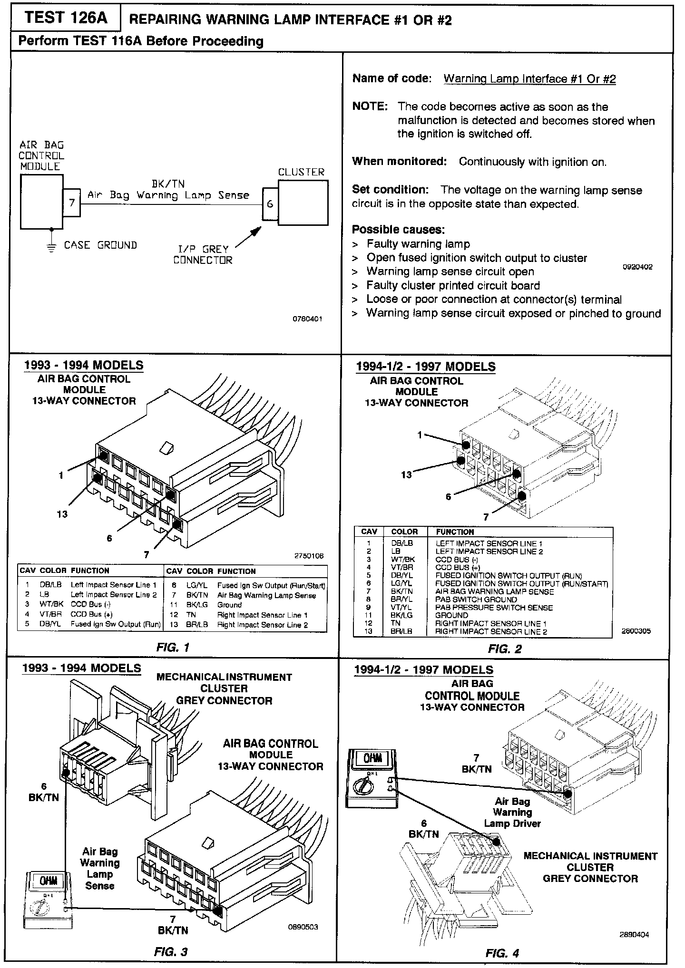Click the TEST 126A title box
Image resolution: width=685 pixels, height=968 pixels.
point(65,19)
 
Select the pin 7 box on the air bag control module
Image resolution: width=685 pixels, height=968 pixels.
point(72,203)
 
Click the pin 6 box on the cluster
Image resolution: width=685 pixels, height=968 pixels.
point(270,204)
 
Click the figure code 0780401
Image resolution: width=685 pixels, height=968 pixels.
point(307,319)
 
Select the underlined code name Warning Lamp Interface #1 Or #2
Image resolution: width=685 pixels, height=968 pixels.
point(529,79)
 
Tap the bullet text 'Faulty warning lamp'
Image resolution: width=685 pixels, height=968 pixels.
point(418,244)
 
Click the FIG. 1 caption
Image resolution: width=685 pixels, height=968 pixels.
point(173,647)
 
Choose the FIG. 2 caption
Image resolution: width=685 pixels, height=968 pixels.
point(505,649)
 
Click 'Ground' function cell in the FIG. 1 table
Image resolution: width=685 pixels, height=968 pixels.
point(229,605)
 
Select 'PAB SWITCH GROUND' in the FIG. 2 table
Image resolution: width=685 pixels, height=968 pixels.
point(476,600)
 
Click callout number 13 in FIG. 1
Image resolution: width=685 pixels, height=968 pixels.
point(62,514)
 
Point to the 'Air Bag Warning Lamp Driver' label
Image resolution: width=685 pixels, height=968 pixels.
point(512,813)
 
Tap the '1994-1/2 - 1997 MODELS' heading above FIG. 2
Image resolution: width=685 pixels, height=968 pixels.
point(425,367)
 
